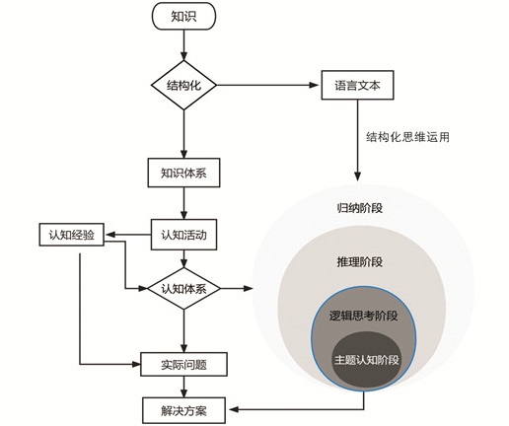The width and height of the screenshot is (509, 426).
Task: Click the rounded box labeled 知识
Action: click(183, 16)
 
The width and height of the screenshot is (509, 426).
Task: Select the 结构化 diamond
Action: click(183, 85)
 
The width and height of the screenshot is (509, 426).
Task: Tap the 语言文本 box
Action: click(357, 85)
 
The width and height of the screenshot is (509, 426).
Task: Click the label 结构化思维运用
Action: click(407, 137)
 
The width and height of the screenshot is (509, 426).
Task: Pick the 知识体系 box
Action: click(183, 173)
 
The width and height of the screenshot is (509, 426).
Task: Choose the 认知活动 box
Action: click(183, 235)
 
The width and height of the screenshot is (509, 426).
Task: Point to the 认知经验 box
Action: click(72, 235)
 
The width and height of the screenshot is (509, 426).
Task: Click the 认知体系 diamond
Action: click(183, 289)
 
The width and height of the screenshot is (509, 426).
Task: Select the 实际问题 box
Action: click(183, 364)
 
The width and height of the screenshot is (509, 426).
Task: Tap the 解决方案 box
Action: click(183, 410)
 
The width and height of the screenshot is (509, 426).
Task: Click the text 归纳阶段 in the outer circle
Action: click(360, 208)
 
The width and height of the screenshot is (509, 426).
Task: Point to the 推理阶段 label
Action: click(360, 262)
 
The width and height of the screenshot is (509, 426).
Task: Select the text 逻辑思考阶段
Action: click(364, 316)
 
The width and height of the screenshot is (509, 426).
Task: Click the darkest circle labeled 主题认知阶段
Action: click(366, 359)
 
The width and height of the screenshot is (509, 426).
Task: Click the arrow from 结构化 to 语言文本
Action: click(267, 85)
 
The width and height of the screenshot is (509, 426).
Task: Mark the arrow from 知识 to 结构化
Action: click(183, 45)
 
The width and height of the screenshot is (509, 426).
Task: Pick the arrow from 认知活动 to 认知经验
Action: click(127, 235)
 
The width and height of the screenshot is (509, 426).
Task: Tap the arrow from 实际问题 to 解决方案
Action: click(183, 387)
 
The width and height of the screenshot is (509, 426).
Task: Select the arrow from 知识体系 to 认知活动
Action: click(183, 203)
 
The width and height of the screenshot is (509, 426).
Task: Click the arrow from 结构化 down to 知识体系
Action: click(183, 134)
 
